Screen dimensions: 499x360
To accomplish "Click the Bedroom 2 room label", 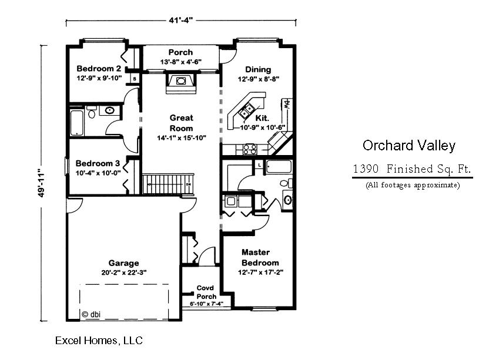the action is (99, 68).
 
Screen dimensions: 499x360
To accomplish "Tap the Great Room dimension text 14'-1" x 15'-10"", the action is (182, 138).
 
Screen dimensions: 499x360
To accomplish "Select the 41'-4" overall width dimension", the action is (181, 21).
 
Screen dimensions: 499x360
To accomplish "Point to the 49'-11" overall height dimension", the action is (41, 183).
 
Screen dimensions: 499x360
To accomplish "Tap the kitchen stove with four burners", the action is (250, 149).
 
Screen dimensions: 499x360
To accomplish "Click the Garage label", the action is (123, 263).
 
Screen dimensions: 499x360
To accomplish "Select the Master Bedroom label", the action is (260, 257).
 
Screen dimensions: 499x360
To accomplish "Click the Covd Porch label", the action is (206, 292).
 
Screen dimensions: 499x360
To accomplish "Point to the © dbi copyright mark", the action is (91, 314).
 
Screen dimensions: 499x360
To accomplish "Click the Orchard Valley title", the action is (409, 145).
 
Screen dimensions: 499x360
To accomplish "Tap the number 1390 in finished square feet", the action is (366, 169).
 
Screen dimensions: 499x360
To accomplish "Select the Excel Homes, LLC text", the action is (99, 340).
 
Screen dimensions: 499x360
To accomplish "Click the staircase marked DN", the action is (168, 184).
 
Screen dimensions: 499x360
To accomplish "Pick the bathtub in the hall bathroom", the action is (76, 123).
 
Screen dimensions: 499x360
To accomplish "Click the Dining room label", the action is (258, 69).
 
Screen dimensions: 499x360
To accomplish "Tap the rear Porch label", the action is (180, 52).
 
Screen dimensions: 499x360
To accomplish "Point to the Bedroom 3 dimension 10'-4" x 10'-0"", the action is (98, 173).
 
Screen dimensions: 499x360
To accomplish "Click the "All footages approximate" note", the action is (413, 185).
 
